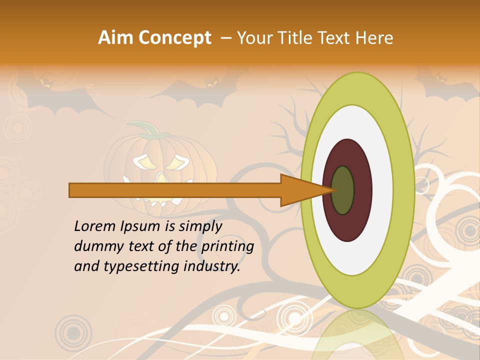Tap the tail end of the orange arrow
71,190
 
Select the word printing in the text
227,247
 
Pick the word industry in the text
212,266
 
